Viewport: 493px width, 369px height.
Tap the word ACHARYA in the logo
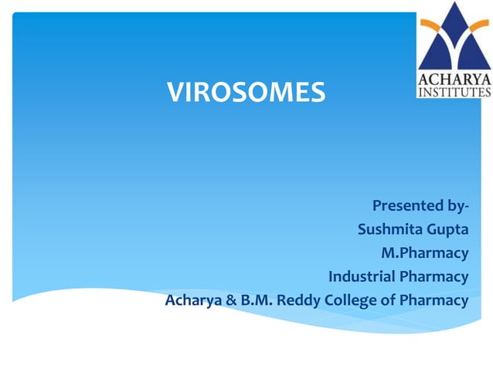454,77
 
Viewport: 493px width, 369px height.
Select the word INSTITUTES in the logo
454,91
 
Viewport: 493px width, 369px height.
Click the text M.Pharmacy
424,253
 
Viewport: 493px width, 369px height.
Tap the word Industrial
361,276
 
